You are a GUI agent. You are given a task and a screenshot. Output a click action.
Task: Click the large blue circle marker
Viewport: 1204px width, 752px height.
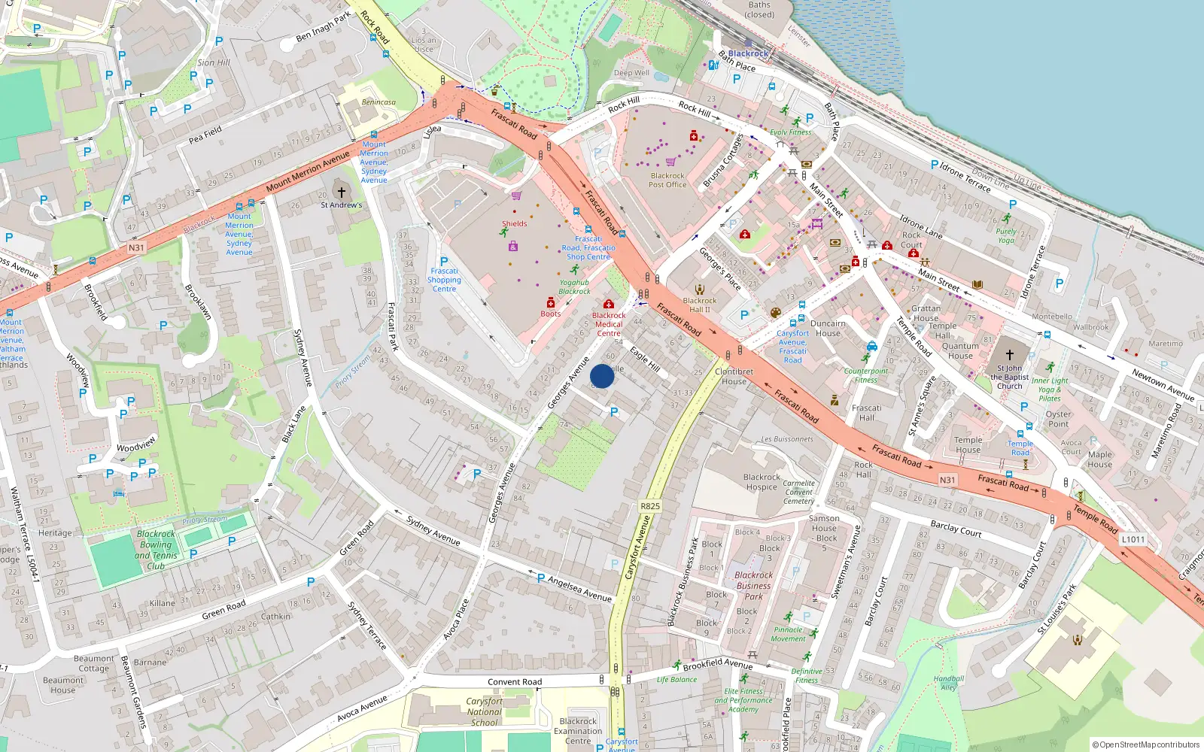pos(602,376)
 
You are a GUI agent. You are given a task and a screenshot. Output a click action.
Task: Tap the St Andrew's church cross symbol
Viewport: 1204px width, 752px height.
pos(341,193)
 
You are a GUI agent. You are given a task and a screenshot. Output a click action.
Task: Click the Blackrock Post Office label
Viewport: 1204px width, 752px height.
pos(667,180)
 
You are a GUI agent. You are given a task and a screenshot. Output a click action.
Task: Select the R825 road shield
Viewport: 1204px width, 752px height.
pos(650,506)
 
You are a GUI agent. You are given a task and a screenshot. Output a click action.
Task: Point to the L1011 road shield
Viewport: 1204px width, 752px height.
pos(1133,539)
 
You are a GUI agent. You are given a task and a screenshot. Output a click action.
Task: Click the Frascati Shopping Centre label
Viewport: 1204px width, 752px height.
pos(444,280)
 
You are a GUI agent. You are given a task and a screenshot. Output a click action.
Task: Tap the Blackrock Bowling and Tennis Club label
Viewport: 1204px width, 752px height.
pos(157,550)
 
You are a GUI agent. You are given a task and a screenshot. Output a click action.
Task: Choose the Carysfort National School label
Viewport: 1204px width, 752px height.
pos(485,711)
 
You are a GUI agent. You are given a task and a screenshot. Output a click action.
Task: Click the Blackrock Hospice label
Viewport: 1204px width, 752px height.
pos(762,482)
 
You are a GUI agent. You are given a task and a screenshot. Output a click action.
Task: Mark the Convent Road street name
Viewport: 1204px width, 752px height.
pos(515,682)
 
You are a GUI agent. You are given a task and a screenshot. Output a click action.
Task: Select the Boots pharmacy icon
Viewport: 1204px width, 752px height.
pos(551,302)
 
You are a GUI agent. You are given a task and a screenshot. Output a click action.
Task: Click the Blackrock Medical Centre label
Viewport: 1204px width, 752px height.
pos(609,324)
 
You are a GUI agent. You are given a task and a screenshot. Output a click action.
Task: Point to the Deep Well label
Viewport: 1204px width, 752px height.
pos(631,73)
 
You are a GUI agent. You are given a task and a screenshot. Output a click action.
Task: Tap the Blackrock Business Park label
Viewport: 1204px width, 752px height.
pos(753,586)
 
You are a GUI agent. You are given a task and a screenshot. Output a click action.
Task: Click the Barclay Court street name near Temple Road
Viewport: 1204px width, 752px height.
pos(956,529)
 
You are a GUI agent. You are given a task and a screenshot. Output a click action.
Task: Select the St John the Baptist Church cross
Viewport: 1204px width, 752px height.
pos(1010,354)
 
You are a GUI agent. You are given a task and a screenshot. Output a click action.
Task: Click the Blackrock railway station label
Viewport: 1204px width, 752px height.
pos(748,53)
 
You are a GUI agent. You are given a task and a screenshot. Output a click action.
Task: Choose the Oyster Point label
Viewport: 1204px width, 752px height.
pos(1058,419)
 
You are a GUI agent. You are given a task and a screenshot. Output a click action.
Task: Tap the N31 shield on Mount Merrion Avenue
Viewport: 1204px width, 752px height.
pos(136,247)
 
